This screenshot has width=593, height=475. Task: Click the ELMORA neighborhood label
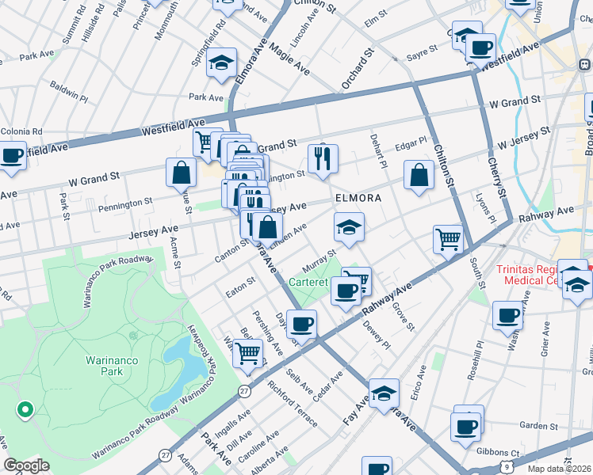click(358, 198)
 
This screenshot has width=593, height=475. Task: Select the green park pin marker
click(25, 409)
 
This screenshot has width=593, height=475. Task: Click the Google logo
click(26, 465)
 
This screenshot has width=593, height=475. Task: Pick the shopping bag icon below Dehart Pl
click(419, 176)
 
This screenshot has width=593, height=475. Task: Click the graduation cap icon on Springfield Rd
click(222, 63)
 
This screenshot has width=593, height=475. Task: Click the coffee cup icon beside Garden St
click(465, 426)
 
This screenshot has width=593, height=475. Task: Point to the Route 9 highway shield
click(507, 468)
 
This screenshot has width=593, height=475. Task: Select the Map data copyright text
click(560, 468)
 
